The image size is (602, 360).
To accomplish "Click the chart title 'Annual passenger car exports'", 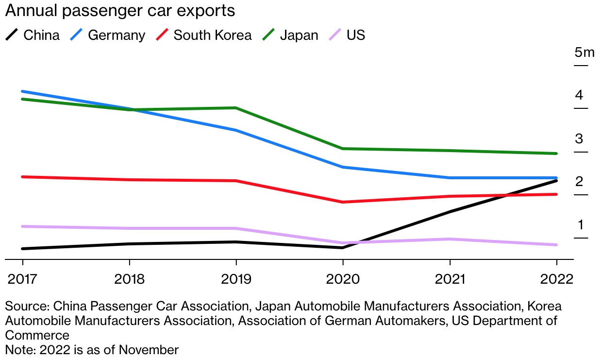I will [120, 11].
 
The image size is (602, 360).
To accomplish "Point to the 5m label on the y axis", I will [581, 52].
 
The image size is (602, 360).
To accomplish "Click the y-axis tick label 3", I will [579, 138].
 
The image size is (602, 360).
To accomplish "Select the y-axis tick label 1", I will [579, 224].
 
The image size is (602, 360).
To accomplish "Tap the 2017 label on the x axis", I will [22, 280].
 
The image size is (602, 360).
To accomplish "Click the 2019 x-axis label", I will [236, 280].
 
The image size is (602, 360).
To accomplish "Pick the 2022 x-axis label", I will [556, 280].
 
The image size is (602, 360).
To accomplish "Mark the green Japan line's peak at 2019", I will [236, 108].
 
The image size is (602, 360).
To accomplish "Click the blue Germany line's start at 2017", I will [22, 91].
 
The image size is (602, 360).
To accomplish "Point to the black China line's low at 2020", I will [343, 248].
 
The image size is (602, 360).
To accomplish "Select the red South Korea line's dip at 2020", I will [343, 202].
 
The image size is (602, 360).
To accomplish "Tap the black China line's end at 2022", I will [556, 181].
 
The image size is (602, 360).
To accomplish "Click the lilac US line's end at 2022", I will [556, 245].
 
